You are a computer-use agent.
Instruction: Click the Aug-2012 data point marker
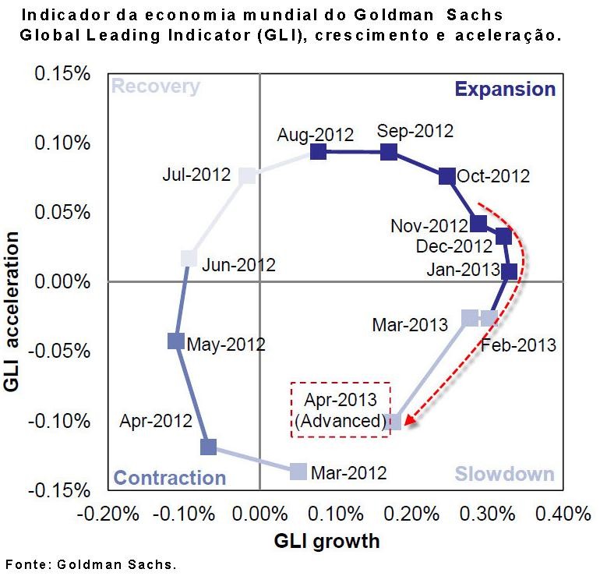pos(318,151)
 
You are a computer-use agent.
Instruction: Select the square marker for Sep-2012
pos(390,151)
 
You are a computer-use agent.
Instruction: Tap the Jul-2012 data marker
pos(247,175)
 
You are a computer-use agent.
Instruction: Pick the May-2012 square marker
pos(176,341)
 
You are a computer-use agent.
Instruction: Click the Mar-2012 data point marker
pos(298,471)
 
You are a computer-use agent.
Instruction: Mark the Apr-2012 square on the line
pos(208,447)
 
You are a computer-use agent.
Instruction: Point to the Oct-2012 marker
pos(447,176)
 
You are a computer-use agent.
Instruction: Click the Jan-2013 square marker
pos(510,272)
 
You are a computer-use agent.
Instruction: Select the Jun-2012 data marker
pos(189,258)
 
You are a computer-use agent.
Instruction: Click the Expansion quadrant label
pos(505,89)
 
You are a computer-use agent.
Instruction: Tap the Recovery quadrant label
pos(155,87)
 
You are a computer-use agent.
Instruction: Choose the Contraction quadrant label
pos(170,478)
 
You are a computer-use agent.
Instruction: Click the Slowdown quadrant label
pos(504,474)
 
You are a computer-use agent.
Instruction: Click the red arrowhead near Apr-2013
pos(410,422)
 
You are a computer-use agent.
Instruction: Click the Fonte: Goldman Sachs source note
pos(92,564)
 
